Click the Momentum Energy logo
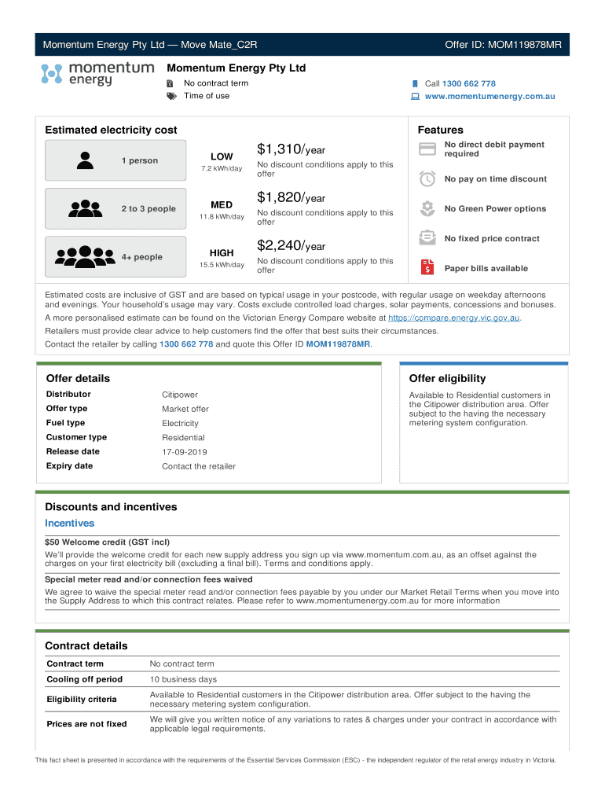coord(97,74)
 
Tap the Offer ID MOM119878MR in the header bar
coord(503,44)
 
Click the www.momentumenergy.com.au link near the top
coord(489,96)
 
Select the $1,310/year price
coord(291,149)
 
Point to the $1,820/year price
coord(291,197)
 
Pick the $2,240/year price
coord(291,246)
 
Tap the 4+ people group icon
coord(86,256)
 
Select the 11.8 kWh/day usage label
coord(222,217)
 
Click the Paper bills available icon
coord(427,267)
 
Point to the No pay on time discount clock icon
coord(427,178)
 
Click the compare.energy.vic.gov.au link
coord(454,318)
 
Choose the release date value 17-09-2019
coord(185,452)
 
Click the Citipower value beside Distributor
coord(180,395)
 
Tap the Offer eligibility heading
coord(447,378)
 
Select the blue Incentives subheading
coord(69,524)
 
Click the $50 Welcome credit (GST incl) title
coord(107,542)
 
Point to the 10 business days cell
coord(183,679)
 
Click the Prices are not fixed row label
coord(86,724)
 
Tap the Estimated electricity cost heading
coord(111,130)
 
